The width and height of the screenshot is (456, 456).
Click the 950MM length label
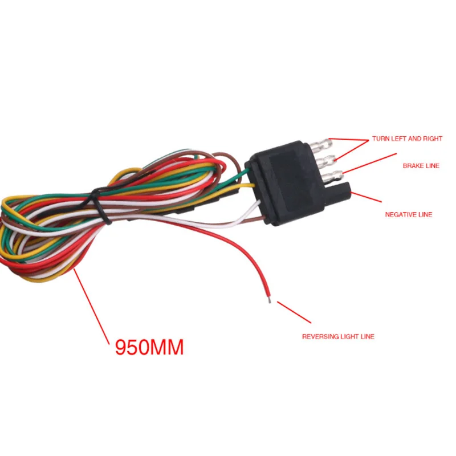click(149, 347)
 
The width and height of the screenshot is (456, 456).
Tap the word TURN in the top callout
click(380, 139)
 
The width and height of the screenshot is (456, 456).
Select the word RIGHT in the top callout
click(431, 139)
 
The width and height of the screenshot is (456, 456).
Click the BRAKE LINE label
click(421, 166)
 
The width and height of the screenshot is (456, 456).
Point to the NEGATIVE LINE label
click(409, 215)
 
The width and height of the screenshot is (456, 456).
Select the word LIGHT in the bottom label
click(351, 337)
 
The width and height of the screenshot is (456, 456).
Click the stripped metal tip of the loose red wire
click(268, 298)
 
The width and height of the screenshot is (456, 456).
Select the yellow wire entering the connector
click(245, 186)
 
